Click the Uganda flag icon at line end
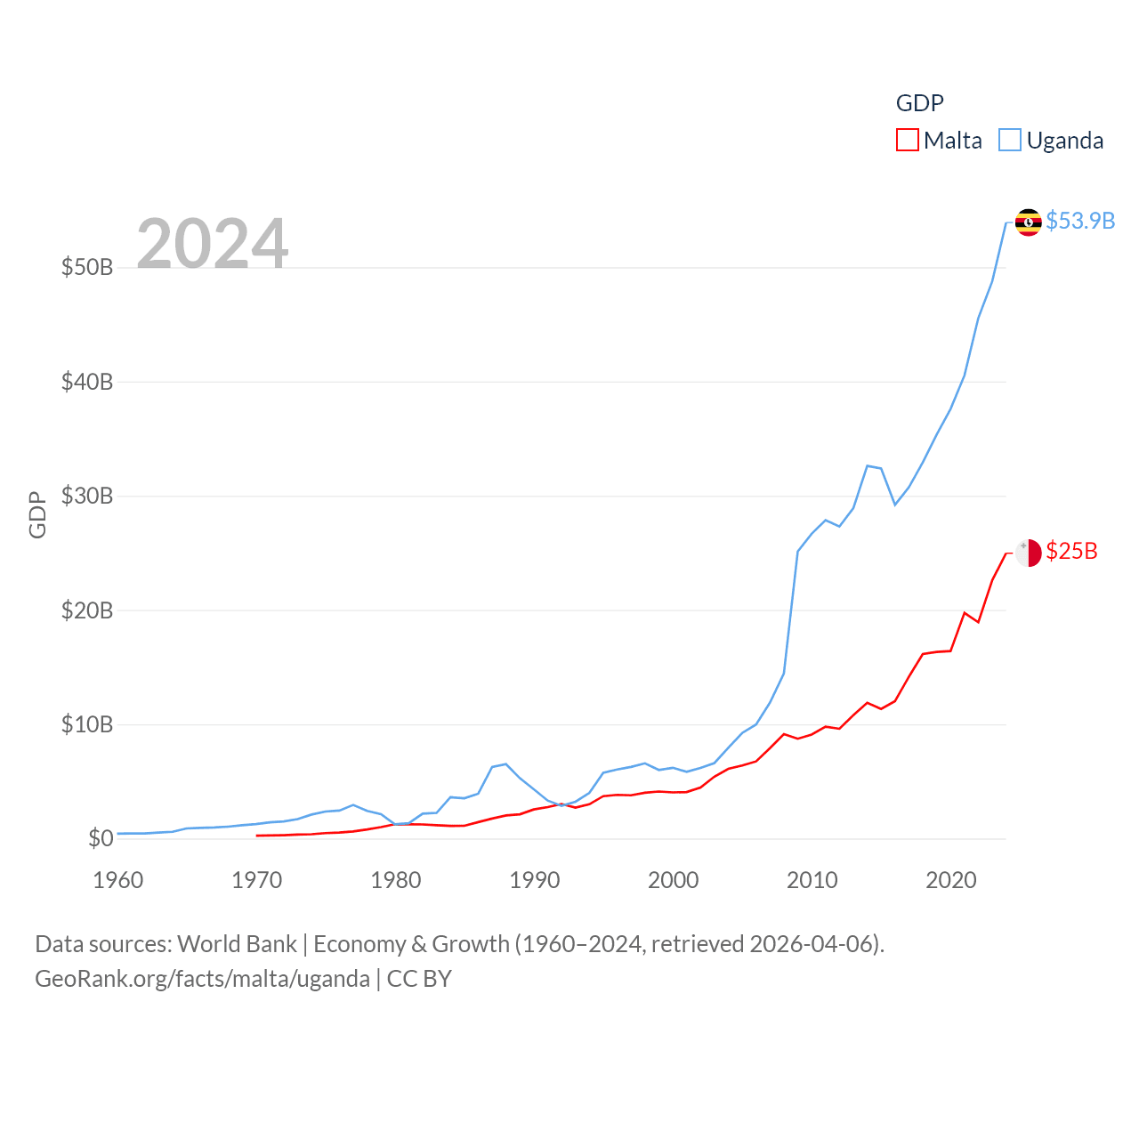(1029, 222)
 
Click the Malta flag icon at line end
(1029, 553)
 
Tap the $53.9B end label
(1080, 221)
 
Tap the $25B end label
(1071, 552)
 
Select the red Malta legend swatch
(907, 141)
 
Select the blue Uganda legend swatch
(1010, 141)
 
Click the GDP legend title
(919, 103)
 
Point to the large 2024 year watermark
(212, 243)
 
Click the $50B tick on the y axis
(87, 267)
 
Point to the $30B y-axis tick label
(87, 496)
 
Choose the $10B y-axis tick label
(87, 724)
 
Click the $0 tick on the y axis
(101, 838)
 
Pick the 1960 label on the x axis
(118, 880)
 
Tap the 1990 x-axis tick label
(535, 880)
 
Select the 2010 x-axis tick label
(812, 880)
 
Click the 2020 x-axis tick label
(951, 880)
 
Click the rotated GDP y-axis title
(37, 514)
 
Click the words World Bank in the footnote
(237, 944)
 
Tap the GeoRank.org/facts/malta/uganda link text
(202, 979)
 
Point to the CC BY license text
(419, 979)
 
